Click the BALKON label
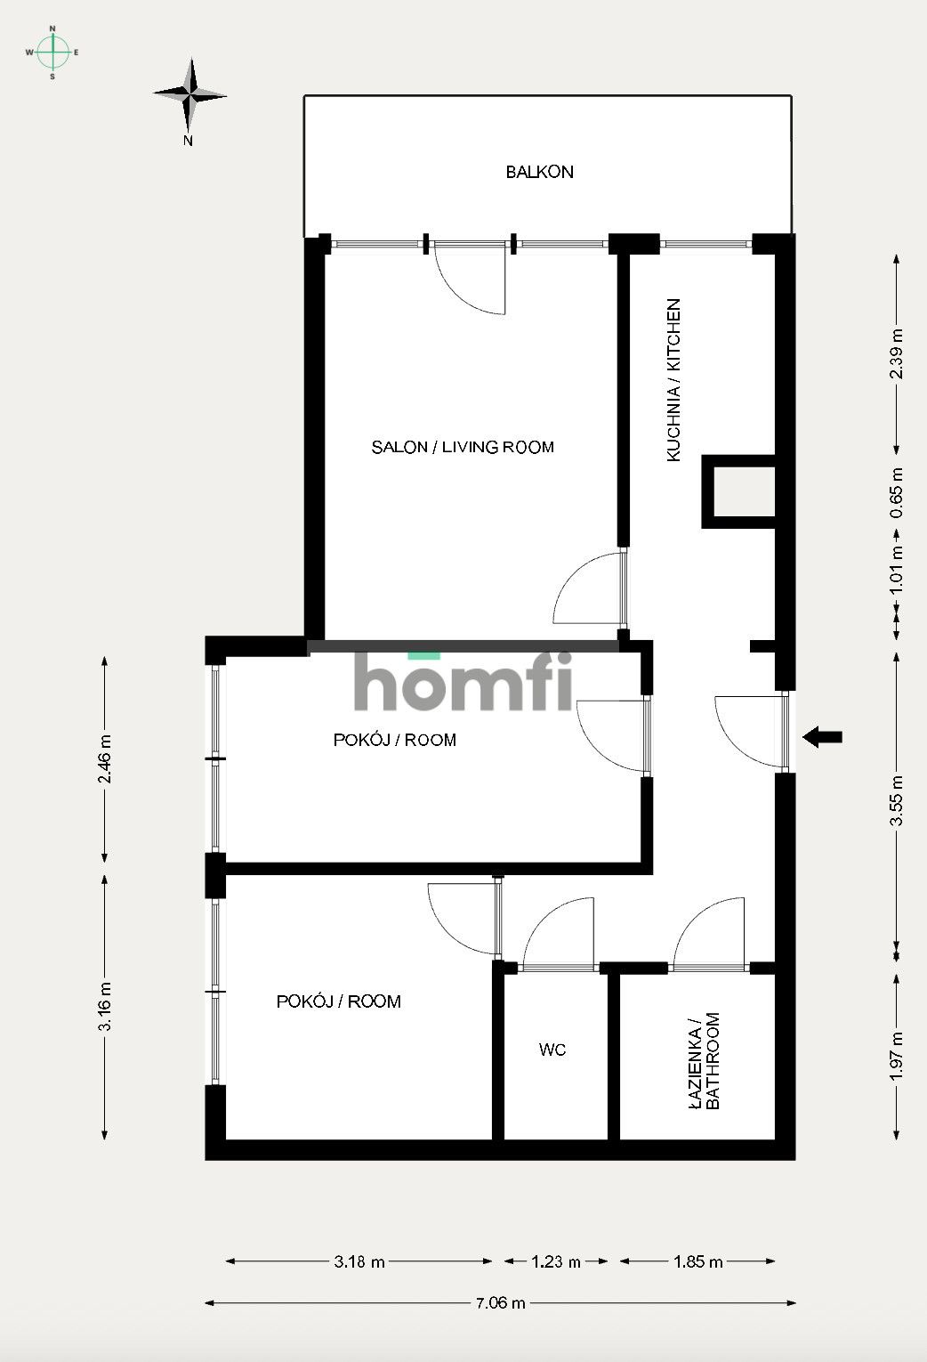tap(539, 172)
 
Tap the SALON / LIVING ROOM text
tap(463, 448)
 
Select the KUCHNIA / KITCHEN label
tap(673, 380)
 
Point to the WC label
tap(552, 1050)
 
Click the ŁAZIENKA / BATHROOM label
tap(704, 1061)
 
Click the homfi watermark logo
tap(463, 680)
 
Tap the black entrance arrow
tap(823, 738)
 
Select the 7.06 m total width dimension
tap(500, 1302)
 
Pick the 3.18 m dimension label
tap(359, 1261)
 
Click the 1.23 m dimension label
tap(556, 1261)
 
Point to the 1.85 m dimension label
tap(698, 1261)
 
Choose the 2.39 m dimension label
tap(897, 354)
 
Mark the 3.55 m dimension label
tap(897, 800)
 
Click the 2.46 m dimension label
tap(104, 759)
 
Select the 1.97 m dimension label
tap(897, 1057)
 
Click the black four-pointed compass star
tap(190, 95)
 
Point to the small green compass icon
tap(52, 53)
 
